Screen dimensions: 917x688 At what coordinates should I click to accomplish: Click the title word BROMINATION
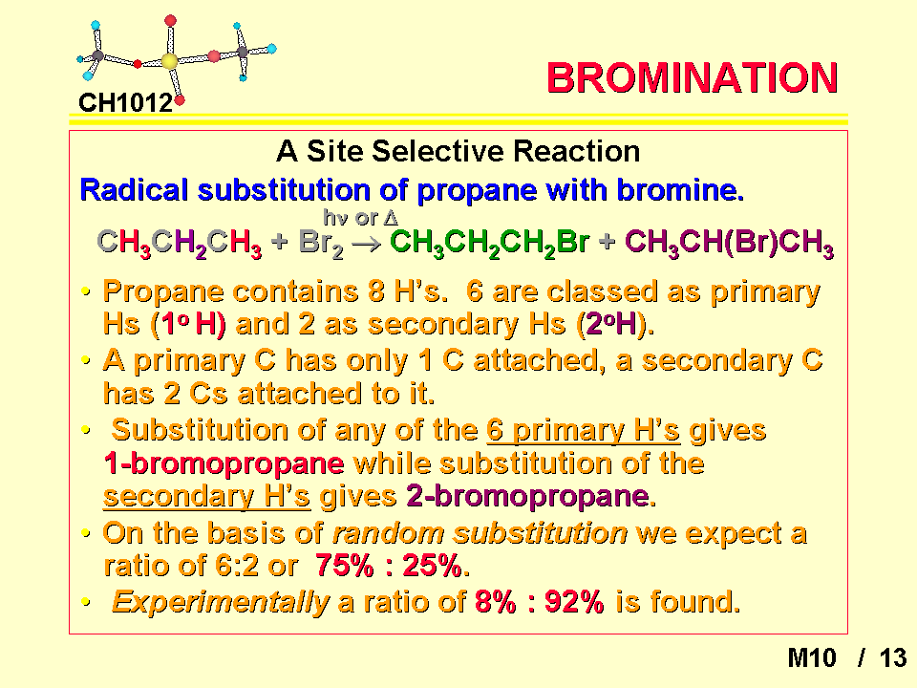click(x=692, y=77)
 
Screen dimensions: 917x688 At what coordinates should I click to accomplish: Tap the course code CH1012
click(x=125, y=103)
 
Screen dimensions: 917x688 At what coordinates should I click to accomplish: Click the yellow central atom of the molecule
click(x=169, y=61)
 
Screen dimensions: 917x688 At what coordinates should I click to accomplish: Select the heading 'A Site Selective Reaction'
click(x=458, y=151)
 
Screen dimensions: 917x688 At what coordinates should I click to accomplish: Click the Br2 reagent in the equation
click(x=321, y=243)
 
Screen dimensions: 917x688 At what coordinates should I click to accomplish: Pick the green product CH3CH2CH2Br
click(x=489, y=243)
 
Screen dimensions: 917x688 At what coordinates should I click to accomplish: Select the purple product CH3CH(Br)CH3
click(x=729, y=243)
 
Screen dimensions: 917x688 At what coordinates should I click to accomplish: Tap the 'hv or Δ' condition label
click(x=361, y=218)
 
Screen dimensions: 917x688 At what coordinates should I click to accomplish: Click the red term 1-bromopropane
click(x=224, y=463)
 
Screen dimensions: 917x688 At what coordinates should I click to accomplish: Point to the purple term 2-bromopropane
click(x=527, y=496)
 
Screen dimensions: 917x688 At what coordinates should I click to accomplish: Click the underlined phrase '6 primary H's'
click(x=583, y=430)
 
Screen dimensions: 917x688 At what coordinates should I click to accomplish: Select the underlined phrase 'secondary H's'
click(x=206, y=496)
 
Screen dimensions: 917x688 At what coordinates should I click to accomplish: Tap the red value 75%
click(x=345, y=565)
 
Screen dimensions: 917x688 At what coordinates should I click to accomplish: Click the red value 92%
click(x=574, y=601)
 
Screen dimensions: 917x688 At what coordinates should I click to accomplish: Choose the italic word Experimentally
click(x=221, y=602)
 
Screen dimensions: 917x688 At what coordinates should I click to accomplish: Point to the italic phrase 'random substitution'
click(x=480, y=533)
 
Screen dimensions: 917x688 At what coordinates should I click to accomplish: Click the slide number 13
click(x=892, y=658)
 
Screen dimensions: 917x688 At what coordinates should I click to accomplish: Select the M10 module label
click(x=812, y=658)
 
